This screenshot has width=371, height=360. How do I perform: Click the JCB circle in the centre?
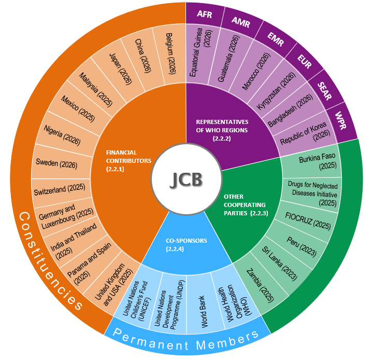tap(187, 179)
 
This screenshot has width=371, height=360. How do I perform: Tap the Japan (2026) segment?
tap(120, 69)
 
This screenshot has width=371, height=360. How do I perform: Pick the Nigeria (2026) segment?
tap(62, 135)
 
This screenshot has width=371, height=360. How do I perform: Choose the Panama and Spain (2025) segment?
tap(89, 264)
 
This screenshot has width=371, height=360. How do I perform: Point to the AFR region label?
tap(205, 14)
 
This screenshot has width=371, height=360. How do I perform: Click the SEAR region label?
tap(324, 91)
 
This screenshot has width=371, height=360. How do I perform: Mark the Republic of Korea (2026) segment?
tap(305, 133)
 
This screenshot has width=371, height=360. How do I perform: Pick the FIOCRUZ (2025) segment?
tap(308, 221)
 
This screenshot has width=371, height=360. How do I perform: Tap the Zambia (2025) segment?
tap(260, 285)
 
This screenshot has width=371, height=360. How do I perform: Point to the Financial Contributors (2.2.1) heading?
tap(129, 161)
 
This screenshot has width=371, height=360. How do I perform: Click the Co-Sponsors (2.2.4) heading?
tap(186, 245)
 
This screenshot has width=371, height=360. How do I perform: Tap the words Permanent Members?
tap(186, 340)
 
